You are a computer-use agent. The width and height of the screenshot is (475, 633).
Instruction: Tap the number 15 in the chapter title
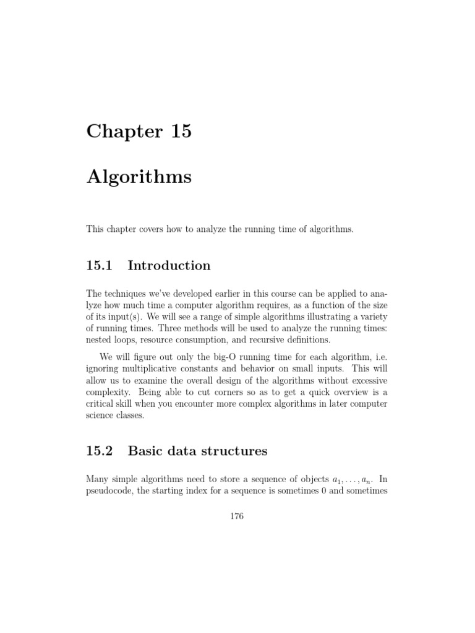pyautogui.click(x=178, y=131)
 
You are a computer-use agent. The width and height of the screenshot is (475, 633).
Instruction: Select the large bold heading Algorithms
pyautogui.click(x=139, y=177)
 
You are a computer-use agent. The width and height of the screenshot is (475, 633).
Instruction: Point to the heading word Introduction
pyautogui.click(x=169, y=266)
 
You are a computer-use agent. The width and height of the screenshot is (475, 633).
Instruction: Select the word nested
pyautogui.click(x=100, y=340)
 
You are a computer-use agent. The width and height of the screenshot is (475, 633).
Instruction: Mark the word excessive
pyautogui.click(x=366, y=381)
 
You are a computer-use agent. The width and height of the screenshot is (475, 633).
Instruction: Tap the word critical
pyautogui.click(x=101, y=404)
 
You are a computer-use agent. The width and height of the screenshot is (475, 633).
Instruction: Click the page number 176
pyautogui.click(x=237, y=517)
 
